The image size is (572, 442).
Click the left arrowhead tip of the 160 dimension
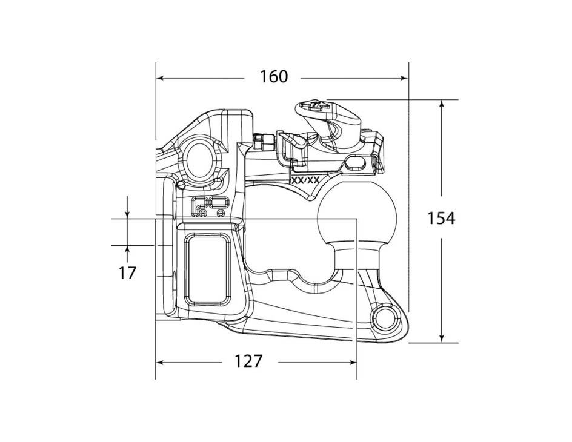click(156, 78)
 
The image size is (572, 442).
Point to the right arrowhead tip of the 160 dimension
click(407, 78)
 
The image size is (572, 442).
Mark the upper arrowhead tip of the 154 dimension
click(442, 100)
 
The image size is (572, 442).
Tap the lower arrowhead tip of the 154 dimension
click(442, 342)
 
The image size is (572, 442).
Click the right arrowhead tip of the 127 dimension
click(356, 363)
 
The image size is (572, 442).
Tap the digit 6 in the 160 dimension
click(274, 77)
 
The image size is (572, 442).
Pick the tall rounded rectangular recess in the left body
click(208, 269)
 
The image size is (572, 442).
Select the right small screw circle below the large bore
click(220, 213)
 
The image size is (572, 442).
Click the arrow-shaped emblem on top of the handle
click(315, 105)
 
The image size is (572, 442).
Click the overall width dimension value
click(274, 77)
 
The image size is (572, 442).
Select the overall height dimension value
click(441, 218)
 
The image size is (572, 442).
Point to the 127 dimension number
click(248, 361)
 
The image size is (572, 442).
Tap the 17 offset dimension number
click(127, 272)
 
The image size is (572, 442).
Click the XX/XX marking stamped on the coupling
click(306, 180)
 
